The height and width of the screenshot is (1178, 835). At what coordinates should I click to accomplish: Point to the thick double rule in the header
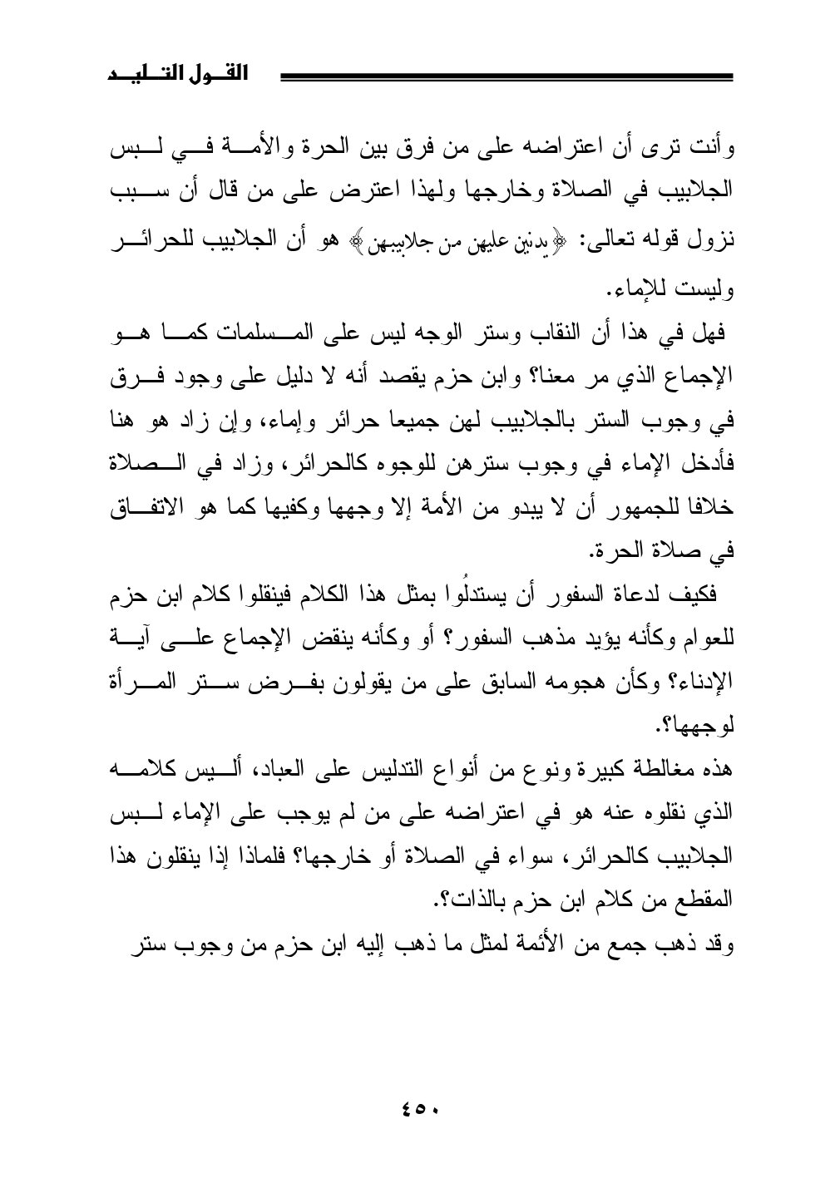pyautogui.click(x=507, y=77)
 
